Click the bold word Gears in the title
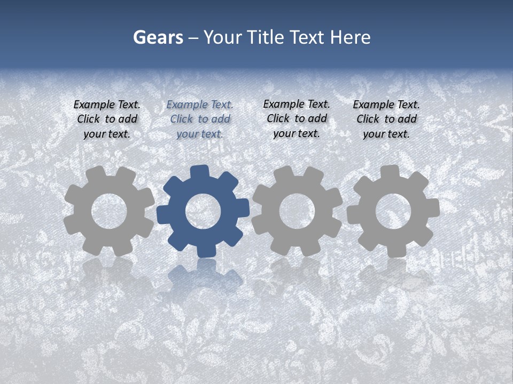pyautogui.click(x=158, y=38)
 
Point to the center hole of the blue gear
pyautogui.click(x=203, y=211)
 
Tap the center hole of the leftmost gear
pyautogui.click(x=109, y=211)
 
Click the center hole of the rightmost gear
pyautogui.click(x=393, y=211)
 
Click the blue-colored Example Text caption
pyautogui.click(x=200, y=119)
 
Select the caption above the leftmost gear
pyautogui.click(x=107, y=119)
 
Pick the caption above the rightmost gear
pyautogui.click(x=386, y=119)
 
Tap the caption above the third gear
pyautogui.click(x=297, y=119)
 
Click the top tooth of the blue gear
pyautogui.click(x=199, y=172)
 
